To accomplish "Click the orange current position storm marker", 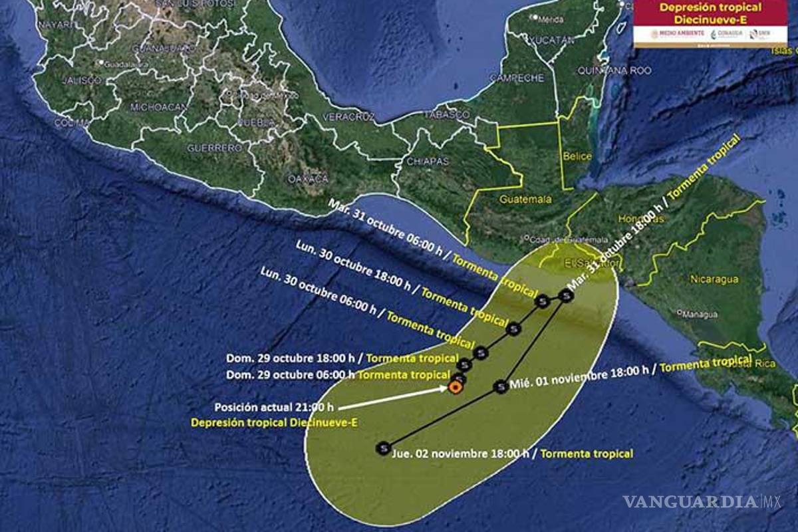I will click(x=456, y=387).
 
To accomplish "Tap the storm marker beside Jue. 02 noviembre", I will click(x=382, y=449).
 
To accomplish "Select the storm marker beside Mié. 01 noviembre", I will click(x=501, y=386).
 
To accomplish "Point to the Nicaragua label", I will click(x=714, y=279).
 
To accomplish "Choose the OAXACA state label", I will click(x=308, y=179).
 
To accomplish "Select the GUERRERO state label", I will click(x=214, y=148).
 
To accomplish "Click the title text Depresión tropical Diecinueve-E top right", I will click(x=710, y=13).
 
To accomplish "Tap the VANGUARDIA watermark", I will click(x=692, y=502).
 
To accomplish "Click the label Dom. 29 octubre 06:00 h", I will click(x=289, y=375).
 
